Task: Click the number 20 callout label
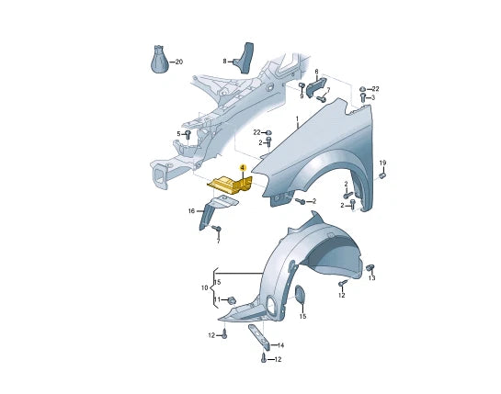click(179, 62)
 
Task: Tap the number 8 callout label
click(224, 61)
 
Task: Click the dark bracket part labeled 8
click(245, 58)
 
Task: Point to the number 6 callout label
click(316, 72)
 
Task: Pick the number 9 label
click(302, 96)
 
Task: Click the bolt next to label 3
click(363, 97)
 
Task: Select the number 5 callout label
click(179, 134)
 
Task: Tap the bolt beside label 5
click(188, 134)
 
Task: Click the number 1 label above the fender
click(297, 118)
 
